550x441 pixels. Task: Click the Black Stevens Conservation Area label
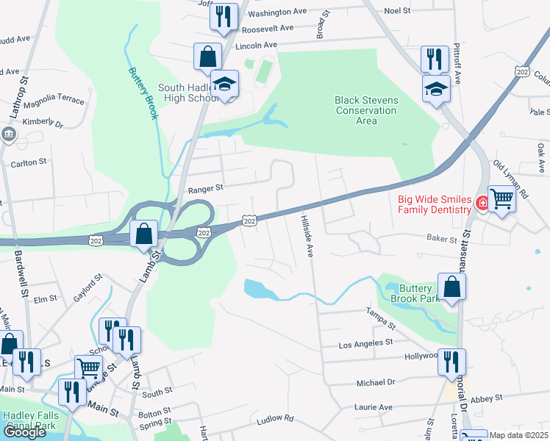365,110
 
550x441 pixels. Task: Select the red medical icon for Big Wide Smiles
482,203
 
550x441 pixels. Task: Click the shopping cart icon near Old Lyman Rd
501,198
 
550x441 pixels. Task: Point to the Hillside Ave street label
307,235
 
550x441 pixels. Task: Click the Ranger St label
205,189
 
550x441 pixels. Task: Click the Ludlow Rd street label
275,420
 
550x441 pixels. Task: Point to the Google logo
24,432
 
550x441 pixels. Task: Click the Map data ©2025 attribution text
519,435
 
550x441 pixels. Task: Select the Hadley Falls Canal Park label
29,419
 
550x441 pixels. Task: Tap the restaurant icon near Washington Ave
224,16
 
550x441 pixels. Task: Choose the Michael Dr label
375,382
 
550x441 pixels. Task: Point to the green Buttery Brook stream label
143,91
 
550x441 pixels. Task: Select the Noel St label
397,11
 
